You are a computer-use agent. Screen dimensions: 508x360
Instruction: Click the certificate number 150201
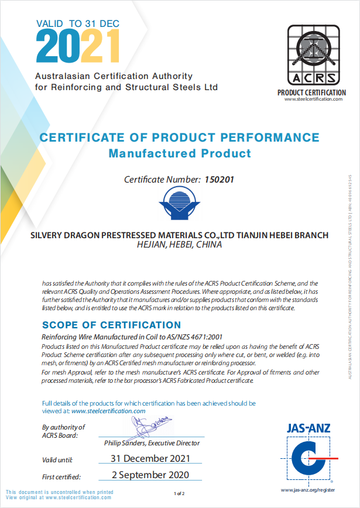pos(220,180)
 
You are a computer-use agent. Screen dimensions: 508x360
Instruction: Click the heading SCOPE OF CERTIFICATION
pos(112,325)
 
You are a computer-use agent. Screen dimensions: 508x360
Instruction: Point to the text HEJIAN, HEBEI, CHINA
pos(179,245)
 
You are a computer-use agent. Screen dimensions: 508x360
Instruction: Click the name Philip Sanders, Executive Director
pos(152,443)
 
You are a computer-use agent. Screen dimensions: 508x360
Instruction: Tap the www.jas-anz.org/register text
pos(308,489)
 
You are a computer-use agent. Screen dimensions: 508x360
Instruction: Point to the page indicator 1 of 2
pos(180,494)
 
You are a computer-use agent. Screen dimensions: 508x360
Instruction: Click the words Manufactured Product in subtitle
pos(180,153)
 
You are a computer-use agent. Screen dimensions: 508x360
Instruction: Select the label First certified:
pos(61,476)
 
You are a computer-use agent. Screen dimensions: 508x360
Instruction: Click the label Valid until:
pos(57,459)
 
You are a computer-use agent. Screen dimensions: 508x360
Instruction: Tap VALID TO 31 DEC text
pos(77,24)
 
